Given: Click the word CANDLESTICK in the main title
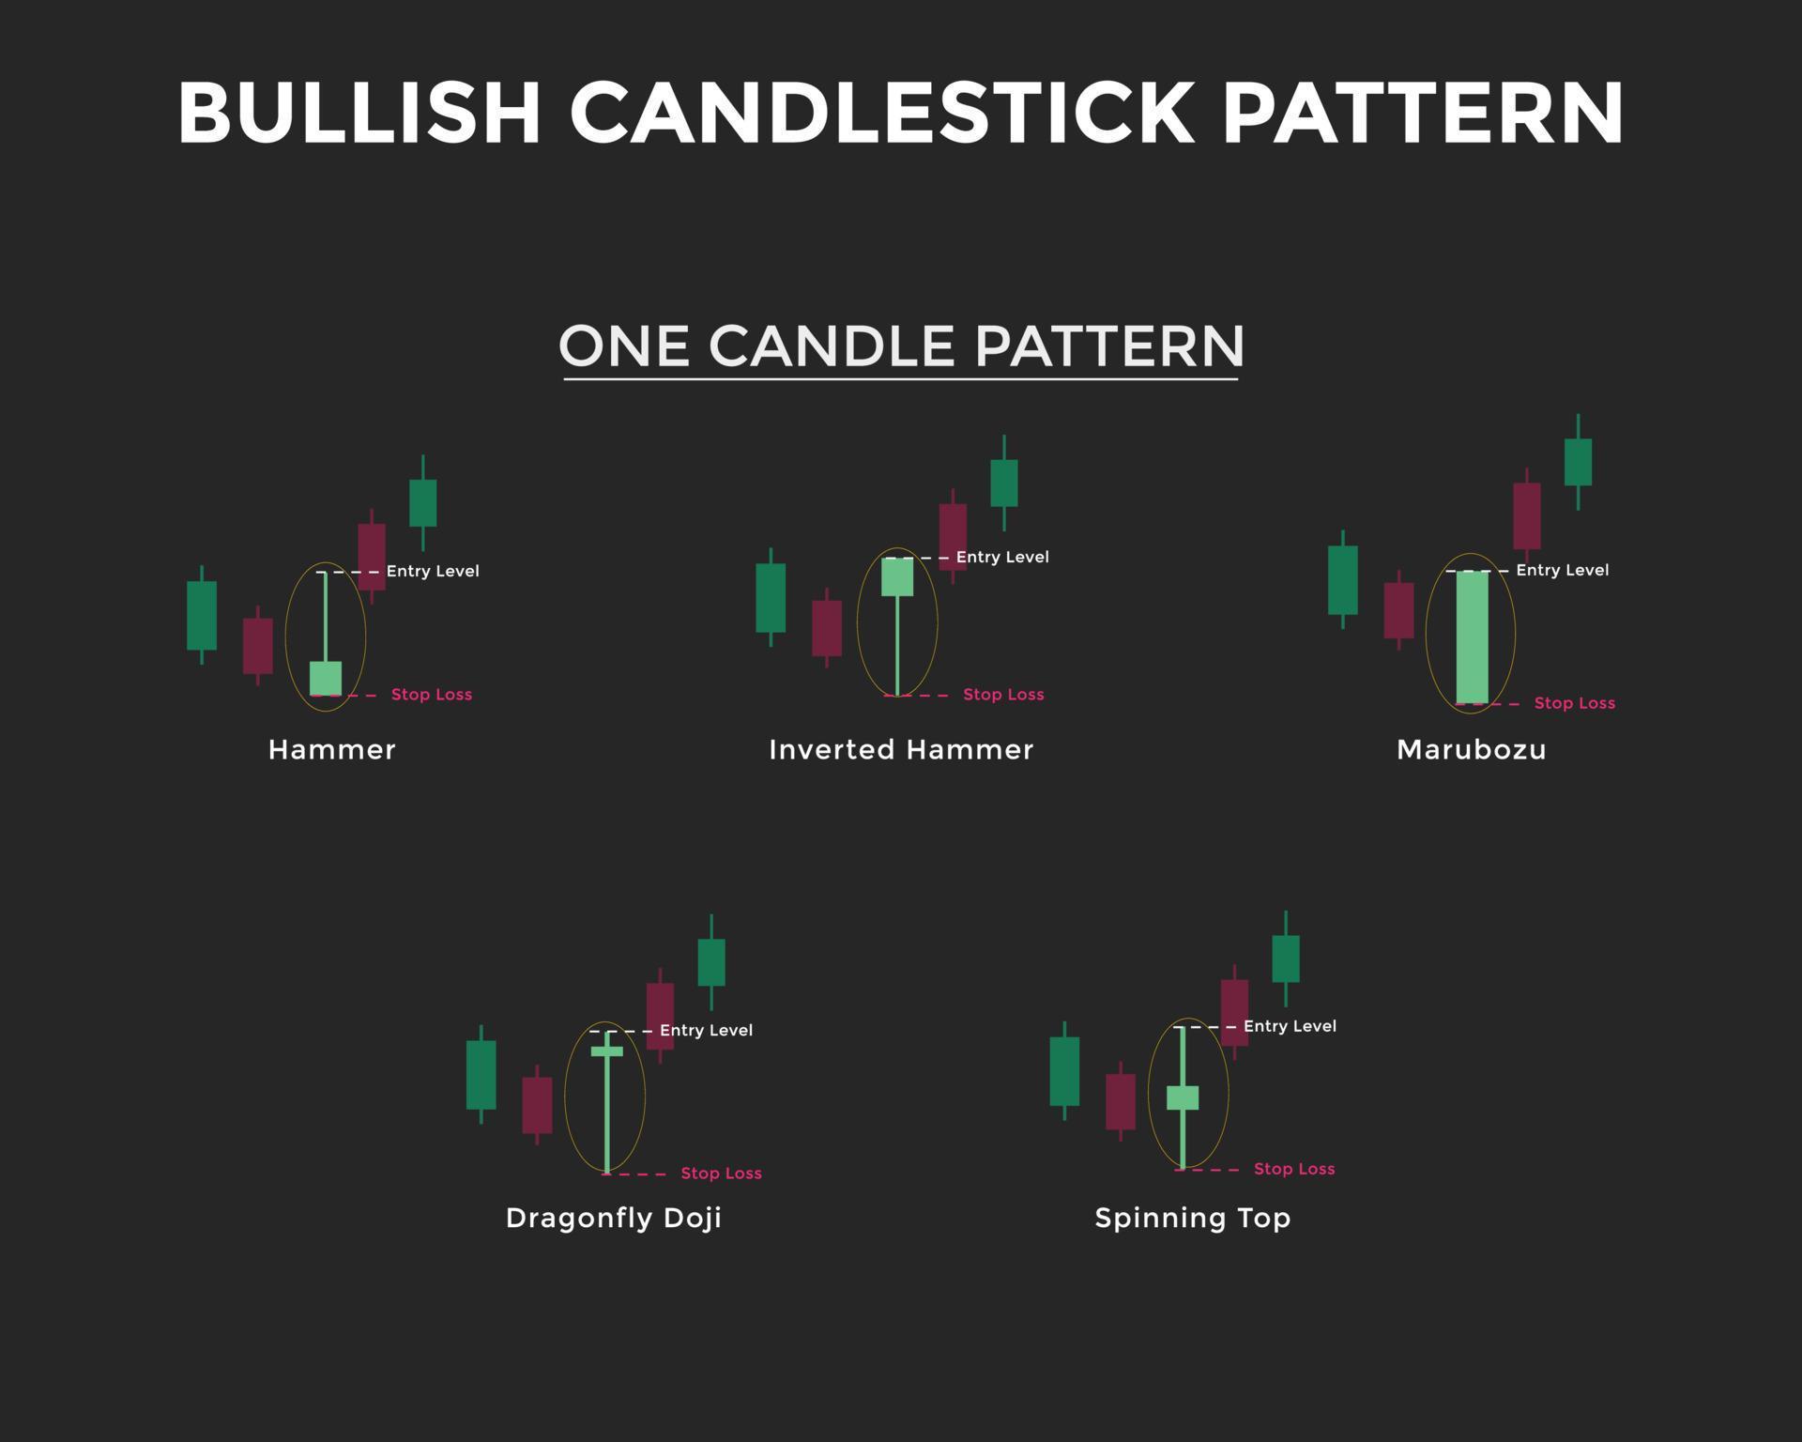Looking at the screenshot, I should click(x=881, y=112).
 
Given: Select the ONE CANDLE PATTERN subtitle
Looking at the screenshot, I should click(x=901, y=345).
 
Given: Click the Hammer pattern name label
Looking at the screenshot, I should click(x=331, y=749).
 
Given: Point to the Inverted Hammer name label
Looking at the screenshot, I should click(x=901, y=749).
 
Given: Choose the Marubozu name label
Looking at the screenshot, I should click(x=1471, y=749).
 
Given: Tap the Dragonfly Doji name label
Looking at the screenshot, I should click(x=614, y=1218).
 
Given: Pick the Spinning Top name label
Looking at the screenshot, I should click(x=1193, y=1218).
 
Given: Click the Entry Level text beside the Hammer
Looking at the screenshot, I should click(x=433, y=571).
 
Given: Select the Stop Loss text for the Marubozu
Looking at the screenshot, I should click(x=1575, y=703).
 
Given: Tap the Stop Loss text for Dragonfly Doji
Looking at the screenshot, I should click(x=721, y=1174).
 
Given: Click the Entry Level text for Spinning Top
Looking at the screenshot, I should click(x=1290, y=1026).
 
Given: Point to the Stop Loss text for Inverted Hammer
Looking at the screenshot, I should click(x=1003, y=695).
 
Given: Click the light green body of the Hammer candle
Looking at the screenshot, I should click(x=326, y=678).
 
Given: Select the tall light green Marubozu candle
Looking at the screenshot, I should click(x=1472, y=637).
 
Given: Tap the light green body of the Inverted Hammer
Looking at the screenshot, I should click(x=897, y=576).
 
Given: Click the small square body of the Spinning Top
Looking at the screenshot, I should click(x=1183, y=1097).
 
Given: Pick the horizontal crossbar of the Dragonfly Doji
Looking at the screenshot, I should click(x=607, y=1051).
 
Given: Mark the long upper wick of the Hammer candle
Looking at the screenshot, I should click(x=326, y=616).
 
